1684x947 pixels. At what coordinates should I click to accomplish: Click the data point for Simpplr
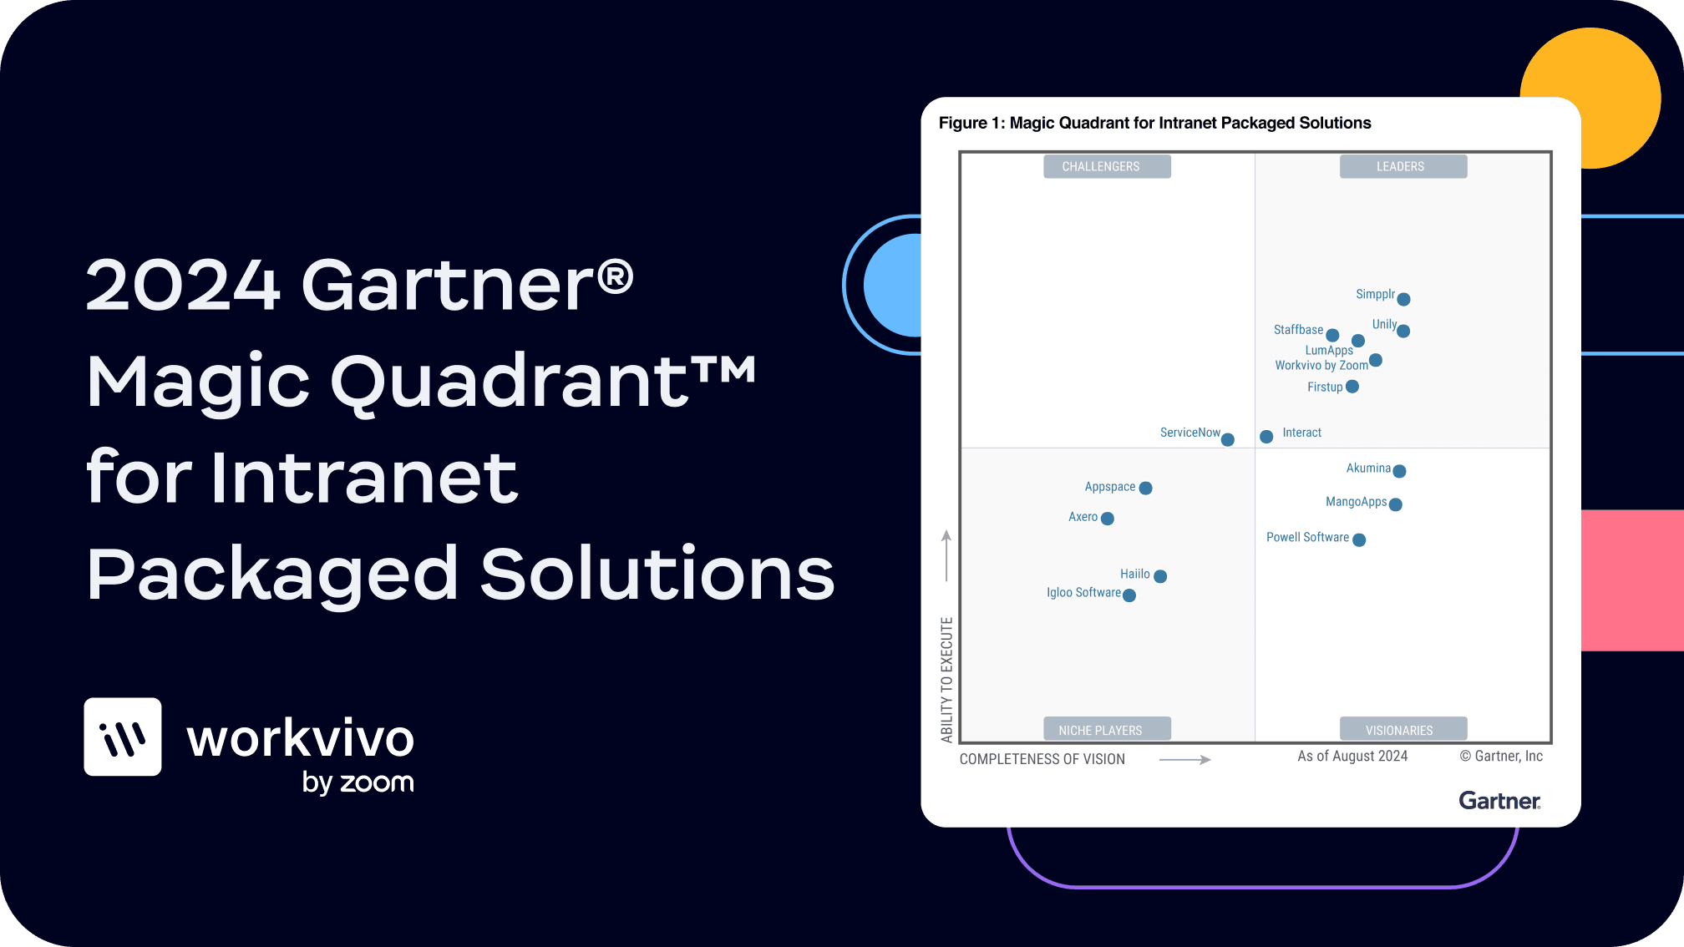[x=1403, y=300]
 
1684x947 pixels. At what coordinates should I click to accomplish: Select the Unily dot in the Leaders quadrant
[x=1403, y=332]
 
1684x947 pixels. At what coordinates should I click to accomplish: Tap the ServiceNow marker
[x=1228, y=440]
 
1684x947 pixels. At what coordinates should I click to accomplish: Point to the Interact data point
[x=1266, y=437]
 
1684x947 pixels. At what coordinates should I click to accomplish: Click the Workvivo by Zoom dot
[x=1376, y=361]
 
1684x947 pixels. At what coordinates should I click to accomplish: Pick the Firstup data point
[x=1352, y=387]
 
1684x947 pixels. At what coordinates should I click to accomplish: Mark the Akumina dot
[x=1399, y=471]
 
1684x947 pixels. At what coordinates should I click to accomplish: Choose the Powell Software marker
[x=1359, y=540]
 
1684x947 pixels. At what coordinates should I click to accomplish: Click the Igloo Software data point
[x=1129, y=595]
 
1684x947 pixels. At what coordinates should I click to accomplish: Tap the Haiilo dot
[x=1160, y=576]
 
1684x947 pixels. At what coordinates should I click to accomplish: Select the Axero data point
[x=1108, y=519]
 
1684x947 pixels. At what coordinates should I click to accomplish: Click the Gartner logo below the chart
[x=1500, y=801]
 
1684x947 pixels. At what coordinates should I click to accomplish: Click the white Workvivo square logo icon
[x=123, y=737]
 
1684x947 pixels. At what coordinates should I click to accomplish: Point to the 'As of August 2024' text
[x=1352, y=756]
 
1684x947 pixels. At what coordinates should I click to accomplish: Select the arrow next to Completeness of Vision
[x=1185, y=760]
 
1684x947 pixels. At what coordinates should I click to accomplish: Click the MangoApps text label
[x=1356, y=502]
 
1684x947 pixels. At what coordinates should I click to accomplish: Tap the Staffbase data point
[x=1332, y=336]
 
